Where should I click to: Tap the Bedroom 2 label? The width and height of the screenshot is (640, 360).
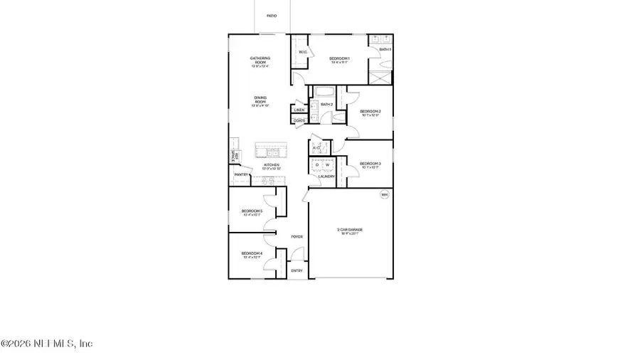[370, 111]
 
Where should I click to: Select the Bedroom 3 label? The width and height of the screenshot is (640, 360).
[370, 164]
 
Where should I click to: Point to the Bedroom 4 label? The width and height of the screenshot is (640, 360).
[252, 253]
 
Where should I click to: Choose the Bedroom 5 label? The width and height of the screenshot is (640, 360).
[252, 211]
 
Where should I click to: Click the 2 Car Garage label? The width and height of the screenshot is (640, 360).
[350, 229]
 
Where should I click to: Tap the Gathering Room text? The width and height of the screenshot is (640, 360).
[257, 60]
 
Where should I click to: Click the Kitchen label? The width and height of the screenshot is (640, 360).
[272, 165]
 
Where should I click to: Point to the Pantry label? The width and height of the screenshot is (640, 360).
[241, 174]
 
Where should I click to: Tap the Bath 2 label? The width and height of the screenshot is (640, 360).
[327, 105]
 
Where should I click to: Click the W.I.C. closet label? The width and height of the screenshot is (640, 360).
[302, 52]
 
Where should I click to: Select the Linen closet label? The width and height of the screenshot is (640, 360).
[299, 110]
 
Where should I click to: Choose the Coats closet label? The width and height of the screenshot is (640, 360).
[299, 120]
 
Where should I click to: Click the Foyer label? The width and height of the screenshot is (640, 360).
[297, 236]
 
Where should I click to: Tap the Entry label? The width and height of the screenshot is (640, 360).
[297, 270]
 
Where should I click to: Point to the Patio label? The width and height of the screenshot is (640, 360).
[272, 15]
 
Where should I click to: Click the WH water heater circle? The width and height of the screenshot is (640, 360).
[385, 194]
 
